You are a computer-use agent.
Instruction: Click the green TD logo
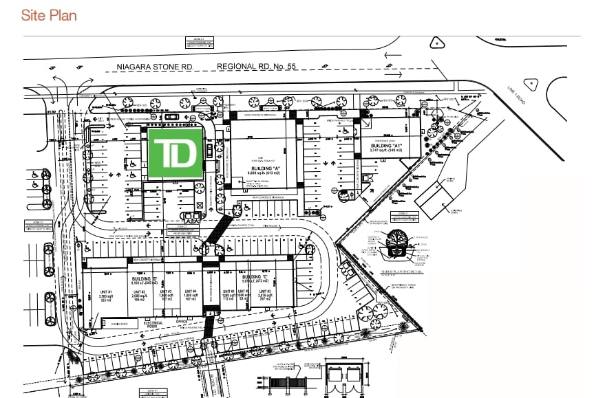coord(174,153)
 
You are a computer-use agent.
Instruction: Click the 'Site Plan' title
coord(49,15)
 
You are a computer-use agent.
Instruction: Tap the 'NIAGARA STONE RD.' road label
coord(151,67)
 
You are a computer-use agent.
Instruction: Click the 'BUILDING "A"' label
coord(262,168)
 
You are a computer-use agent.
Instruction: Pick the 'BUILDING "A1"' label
coord(386,146)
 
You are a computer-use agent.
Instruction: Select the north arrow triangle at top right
coord(436,43)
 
